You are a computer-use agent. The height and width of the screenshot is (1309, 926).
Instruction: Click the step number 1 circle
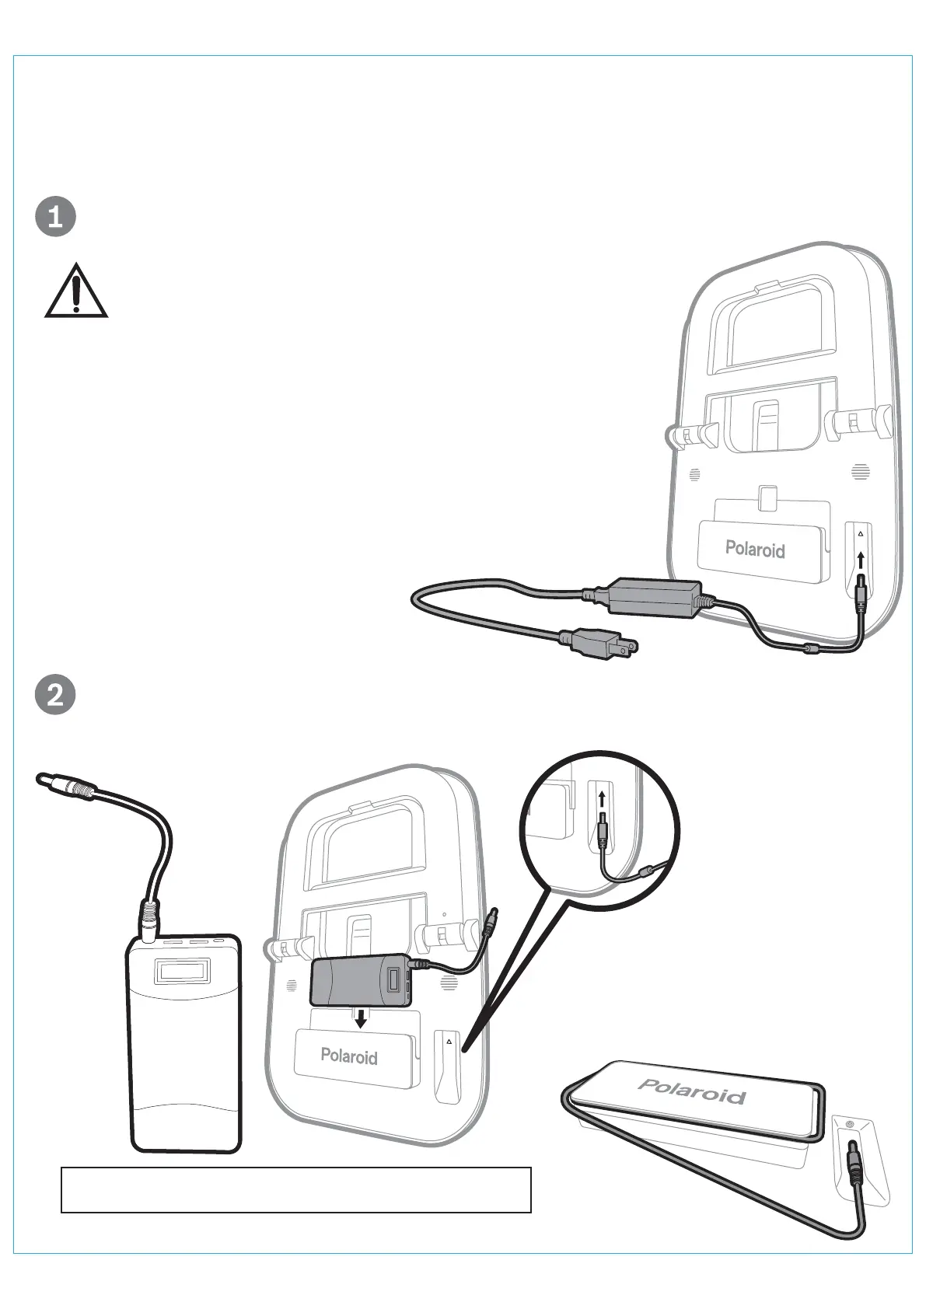[56, 217]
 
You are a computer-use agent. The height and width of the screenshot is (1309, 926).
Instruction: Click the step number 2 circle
[56, 694]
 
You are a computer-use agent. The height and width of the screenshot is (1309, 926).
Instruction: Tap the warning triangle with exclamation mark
[75, 291]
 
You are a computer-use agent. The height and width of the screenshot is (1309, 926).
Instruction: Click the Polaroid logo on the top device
[755, 550]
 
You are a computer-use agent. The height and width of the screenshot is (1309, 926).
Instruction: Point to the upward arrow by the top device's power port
[861, 560]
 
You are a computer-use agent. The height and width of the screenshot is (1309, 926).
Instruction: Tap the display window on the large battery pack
[183, 971]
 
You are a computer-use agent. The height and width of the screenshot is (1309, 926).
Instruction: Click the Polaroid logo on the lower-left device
[349, 1056]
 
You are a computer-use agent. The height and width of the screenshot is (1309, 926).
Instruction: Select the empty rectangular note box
[295, 1189]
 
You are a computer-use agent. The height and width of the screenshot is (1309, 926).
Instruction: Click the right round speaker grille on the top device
[860, 471]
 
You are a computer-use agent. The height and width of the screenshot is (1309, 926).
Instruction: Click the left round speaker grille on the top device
[694, 474]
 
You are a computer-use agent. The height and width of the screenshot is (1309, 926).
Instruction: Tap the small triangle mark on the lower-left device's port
[449, 1042]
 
